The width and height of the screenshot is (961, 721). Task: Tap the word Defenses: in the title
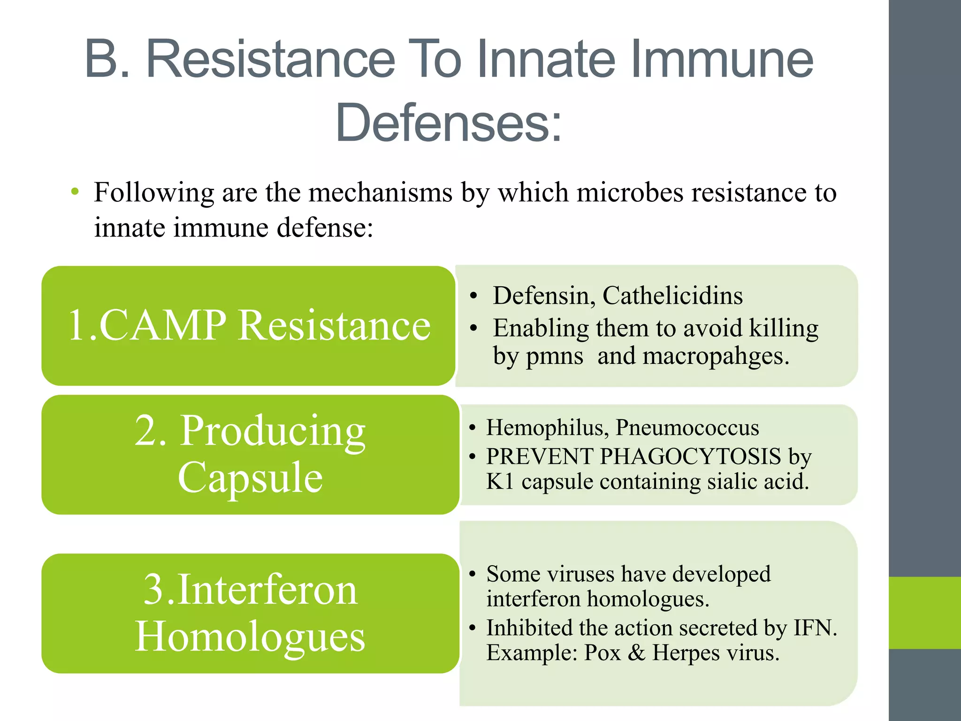[449, 123]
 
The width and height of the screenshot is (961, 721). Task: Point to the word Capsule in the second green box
[250, 477]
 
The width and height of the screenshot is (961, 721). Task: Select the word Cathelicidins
[672, 296]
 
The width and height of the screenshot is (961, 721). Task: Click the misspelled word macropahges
[716, 356]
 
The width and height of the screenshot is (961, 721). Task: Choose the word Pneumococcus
[687, 428]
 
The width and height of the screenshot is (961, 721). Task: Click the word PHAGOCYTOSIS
[690, 456]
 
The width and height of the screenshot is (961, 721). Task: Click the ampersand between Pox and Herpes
[636, 652]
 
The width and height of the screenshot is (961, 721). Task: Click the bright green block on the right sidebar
[924, 613]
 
